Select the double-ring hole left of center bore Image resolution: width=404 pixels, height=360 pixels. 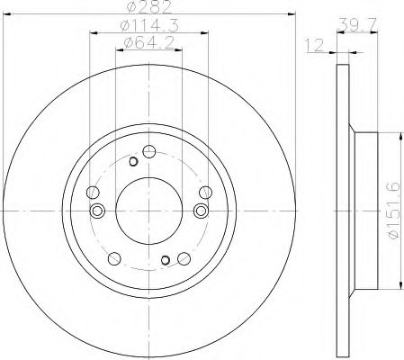point(98,211)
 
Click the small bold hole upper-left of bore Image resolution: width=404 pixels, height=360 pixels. point(133,161)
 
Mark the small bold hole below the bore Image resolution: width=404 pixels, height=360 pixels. point(165,260)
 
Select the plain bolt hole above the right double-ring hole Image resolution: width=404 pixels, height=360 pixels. point(205,191)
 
